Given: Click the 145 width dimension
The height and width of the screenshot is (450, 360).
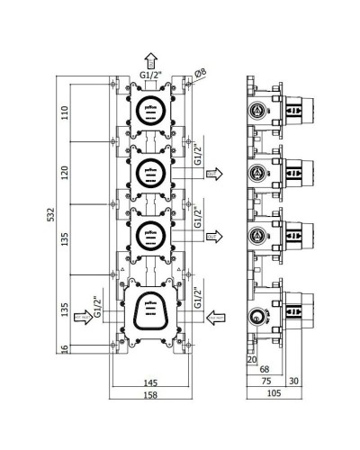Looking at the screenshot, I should tap(151, 382).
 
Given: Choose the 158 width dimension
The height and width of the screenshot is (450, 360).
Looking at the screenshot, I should tap(151, 395).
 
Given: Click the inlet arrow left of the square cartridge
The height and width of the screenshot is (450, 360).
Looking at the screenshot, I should tap(81, 319).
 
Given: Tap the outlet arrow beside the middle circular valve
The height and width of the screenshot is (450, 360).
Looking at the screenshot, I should tap(215, 172).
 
